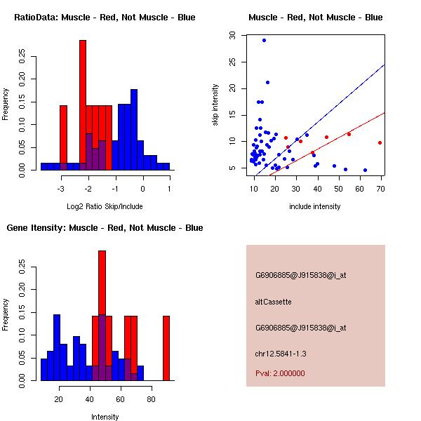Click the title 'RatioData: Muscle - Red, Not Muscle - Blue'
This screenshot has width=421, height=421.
click(x=105, y=18)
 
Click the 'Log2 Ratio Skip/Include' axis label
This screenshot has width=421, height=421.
click(x=105, y=207)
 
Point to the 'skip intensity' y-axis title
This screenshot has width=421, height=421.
click(x=215, y=105)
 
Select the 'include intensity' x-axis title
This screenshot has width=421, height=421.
click(x=315, y=207)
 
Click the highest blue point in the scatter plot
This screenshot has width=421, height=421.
click(x=264, y=40)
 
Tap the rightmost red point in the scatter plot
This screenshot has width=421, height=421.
click(x=380, y=142)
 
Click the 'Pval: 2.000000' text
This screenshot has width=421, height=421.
click(x=280, y=373)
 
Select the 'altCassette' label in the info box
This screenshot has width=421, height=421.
click(x=273, y=302)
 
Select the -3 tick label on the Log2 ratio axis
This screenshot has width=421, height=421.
click(x=61, y=189)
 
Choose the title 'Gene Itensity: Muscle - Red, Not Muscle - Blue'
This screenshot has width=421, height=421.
click(x=105, y=228)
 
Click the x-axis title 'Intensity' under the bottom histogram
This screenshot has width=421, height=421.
click(x=105, y=417)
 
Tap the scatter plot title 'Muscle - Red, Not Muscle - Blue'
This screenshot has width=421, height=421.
click(x=315, y=18)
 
